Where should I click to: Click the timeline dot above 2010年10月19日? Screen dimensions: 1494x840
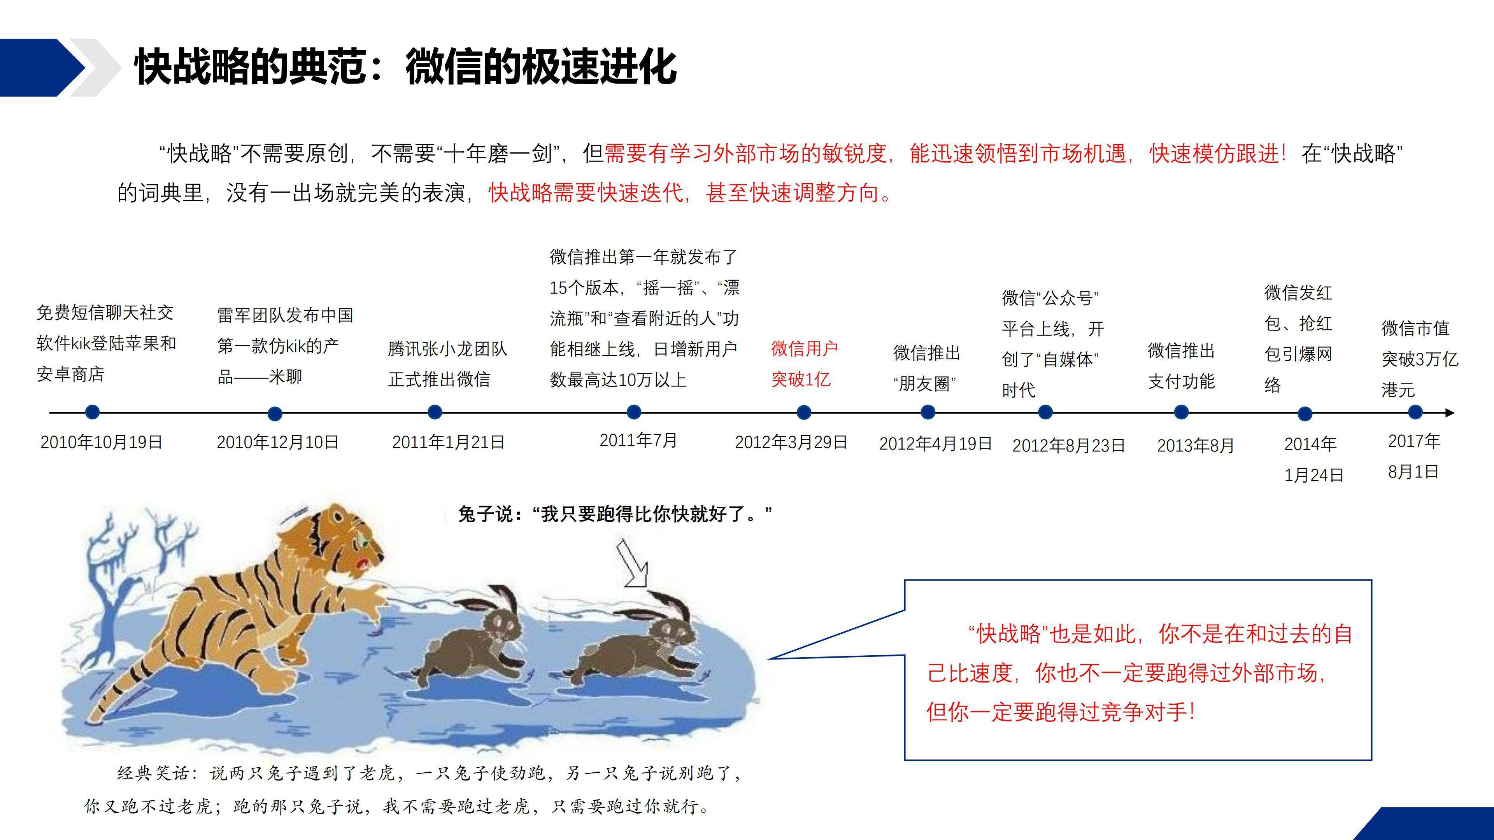92,412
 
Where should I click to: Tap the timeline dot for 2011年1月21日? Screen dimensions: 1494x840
435,412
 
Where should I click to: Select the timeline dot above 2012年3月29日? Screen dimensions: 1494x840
804,412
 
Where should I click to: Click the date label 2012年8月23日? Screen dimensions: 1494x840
1068,445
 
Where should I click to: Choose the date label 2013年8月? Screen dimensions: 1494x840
1195,445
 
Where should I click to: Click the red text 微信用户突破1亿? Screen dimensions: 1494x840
805,364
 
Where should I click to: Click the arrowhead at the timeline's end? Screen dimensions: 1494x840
1450,413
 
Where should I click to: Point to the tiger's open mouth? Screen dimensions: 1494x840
364,563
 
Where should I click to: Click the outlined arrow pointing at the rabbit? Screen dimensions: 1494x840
632,563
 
